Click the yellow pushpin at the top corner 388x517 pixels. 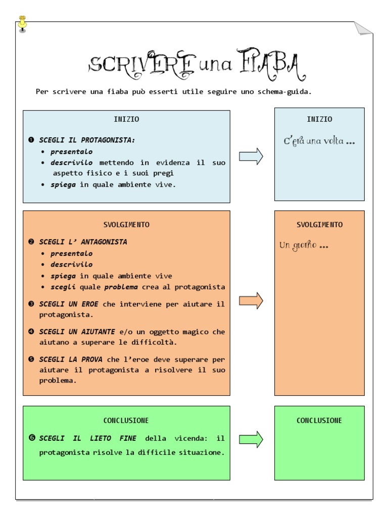click(22, 24)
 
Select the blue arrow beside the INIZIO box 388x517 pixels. click(251, 156)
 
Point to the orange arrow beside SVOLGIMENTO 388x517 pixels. click(251, 300)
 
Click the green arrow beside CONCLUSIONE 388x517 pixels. click(251, 439)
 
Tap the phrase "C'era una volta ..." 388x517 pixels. click(319, 141)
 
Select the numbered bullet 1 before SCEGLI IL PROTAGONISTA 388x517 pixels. click(31, 140)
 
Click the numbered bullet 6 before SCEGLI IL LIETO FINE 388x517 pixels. click(32, 438)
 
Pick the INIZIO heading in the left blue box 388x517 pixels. click(126, 119)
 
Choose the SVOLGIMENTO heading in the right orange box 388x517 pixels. click(319, 225)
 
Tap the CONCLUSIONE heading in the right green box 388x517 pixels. click(319, 420)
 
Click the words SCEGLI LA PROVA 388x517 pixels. click(71, 359)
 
